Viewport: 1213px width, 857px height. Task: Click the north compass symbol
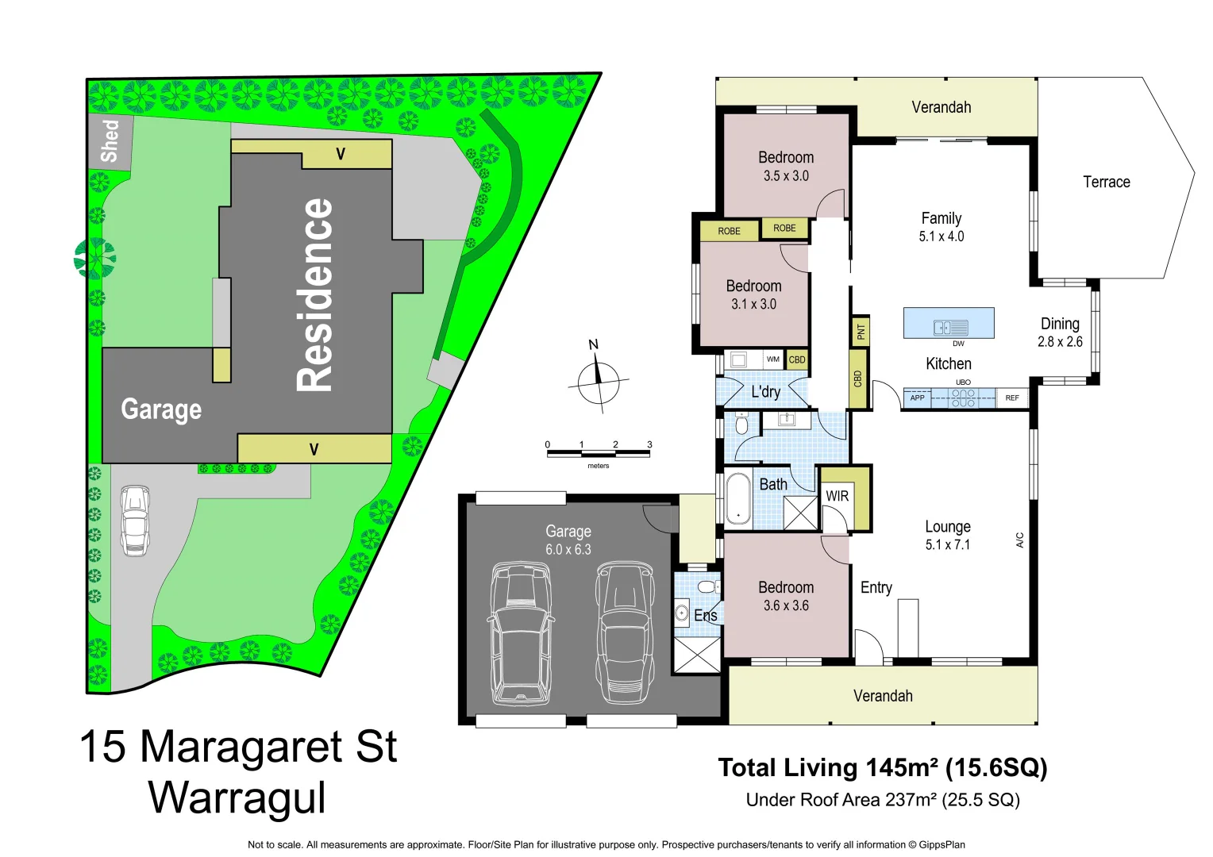click(x=598, y=381)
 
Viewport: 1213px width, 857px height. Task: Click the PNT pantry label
click(x=861, y=330)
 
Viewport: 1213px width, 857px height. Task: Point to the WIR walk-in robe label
click(x=837, y=496)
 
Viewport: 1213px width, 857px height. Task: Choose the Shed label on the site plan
click(x=110, y=141)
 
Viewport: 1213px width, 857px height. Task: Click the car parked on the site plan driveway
click(x=134, y=521)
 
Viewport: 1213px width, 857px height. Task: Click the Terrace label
click(x=1106, y=182)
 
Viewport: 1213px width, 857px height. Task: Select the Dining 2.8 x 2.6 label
click(x=1060, y=332)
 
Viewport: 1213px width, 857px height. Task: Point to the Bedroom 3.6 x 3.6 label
click(x=786, y=596)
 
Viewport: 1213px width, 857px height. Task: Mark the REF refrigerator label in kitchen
click(x=1012, y=398)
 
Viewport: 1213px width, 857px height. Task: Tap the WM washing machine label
click(x=772, y=359)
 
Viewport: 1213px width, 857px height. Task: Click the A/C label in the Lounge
click(x=1020, y=540)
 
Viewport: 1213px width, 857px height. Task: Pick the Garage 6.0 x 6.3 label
click(x=568, y=540)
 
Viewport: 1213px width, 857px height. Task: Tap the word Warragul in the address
click(x=237, y=797)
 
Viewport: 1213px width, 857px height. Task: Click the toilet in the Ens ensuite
click(x=706, y=587)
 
